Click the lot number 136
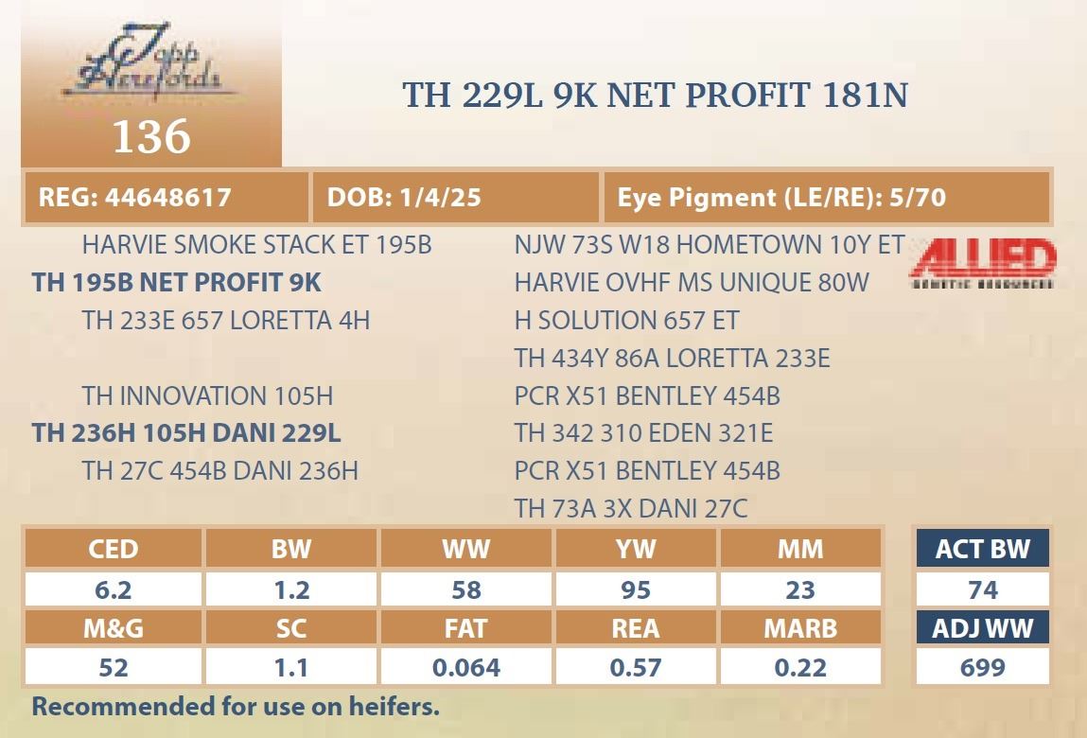[151, 135]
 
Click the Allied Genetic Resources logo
[983, 263]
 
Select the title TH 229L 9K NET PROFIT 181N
[655, 95]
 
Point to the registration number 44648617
[168, 197]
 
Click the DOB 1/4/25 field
[404, 197]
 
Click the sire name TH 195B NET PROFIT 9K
[177, 282]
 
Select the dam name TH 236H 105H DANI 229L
[186, 432]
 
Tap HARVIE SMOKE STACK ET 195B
[256, 245]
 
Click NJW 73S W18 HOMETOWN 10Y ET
[710, 245]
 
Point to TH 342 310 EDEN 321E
[643, 432]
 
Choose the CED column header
[113, 549]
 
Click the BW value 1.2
[291, 589]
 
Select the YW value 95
[636, 589]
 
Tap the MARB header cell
[800, 628]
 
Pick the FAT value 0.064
[465, 667]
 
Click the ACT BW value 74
[982, 589]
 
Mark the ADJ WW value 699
[982, 667]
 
